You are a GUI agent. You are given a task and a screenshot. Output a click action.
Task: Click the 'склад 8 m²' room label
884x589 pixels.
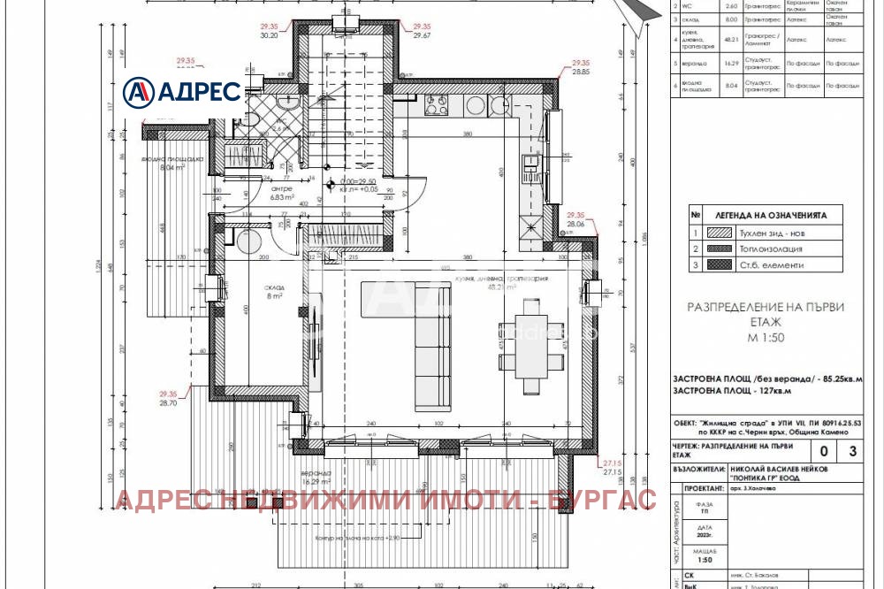272,293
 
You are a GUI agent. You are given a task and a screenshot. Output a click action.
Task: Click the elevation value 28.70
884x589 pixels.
169,402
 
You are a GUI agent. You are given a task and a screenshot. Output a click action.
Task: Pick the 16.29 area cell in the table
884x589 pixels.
730,64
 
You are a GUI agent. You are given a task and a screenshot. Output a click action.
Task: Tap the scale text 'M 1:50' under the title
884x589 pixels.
766,337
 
